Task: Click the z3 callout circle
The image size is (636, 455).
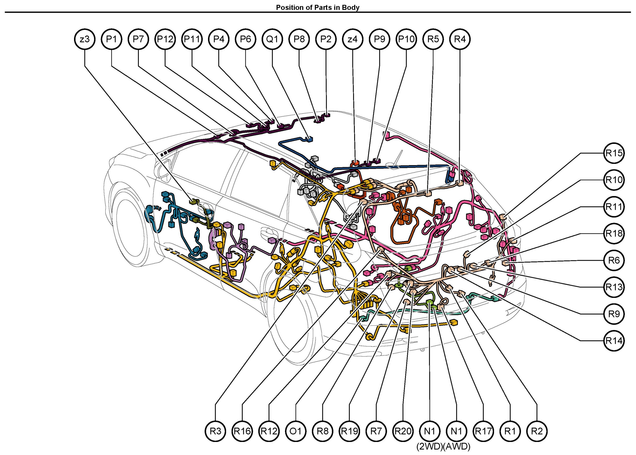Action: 85,39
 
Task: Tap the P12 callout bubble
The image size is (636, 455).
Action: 165,39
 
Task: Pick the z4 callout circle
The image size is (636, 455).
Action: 353,39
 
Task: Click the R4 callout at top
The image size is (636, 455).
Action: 460,39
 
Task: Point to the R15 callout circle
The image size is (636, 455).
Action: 614,153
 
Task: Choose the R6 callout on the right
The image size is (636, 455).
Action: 614,260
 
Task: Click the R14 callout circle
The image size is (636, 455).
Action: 614,341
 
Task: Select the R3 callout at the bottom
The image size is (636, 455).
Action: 215,431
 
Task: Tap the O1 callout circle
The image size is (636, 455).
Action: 296,431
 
